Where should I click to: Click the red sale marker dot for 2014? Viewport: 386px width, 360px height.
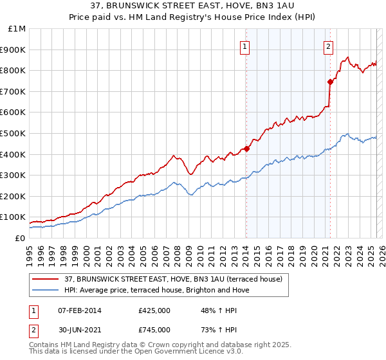pos(246,149)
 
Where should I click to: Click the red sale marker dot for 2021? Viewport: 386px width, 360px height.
pos(330,82)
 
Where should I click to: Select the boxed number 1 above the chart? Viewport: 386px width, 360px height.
pos(246,46)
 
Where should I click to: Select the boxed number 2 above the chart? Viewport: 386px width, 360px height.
pos(328,46)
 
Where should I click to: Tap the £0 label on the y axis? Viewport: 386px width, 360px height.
pos(19,238)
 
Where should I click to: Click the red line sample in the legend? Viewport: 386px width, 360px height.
pos(46,279)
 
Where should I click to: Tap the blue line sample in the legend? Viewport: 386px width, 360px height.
pos(46,290)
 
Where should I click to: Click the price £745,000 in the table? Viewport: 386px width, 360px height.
pos(154,330)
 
